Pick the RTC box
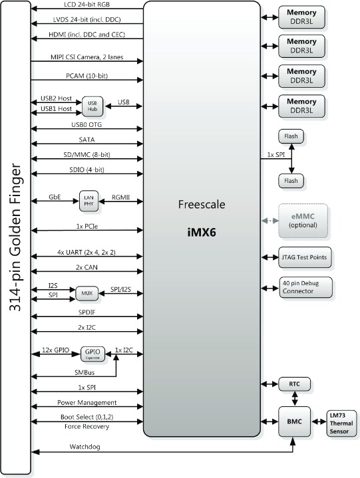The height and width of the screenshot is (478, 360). pyautogui.click(x=293, y=385)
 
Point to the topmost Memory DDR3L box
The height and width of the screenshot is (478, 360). pyautogui.click(x=301, y=16)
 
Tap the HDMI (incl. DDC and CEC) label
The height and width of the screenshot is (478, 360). pyautogui.click(x=87, y=34)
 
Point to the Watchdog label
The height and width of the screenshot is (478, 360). pyautogui.click(x=87, y=447)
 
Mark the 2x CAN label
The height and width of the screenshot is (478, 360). pyautogui.click(x=87, y=267)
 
